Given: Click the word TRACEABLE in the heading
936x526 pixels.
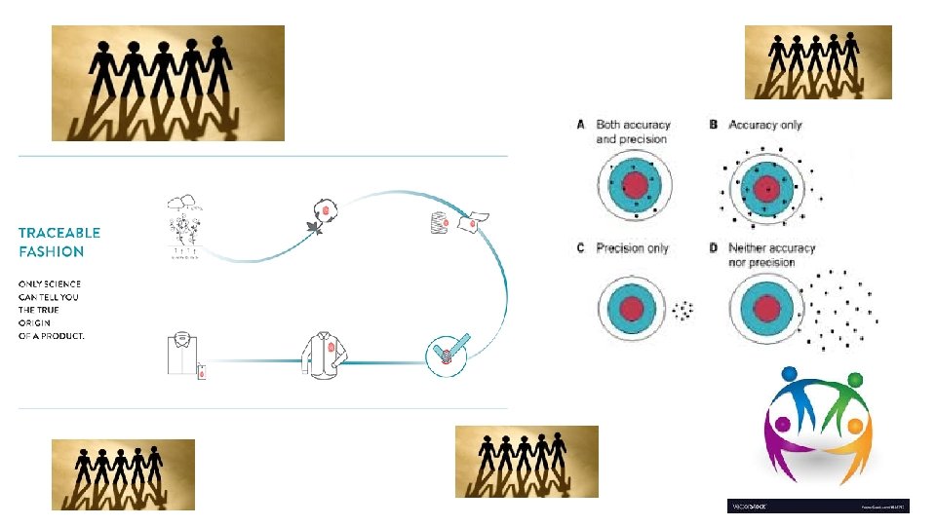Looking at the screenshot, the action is point(59,233).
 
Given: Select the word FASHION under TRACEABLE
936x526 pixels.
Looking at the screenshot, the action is point(52,251).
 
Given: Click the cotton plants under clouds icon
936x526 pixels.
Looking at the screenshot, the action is point(188,229).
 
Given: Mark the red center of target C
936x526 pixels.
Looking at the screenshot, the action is point(635,311).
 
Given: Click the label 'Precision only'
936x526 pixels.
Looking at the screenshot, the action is point(632,248).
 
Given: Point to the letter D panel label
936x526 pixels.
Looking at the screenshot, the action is point(714,248).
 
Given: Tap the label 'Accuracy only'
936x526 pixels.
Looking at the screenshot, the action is point(765,125).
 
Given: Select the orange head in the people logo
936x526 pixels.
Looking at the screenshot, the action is point(855,426).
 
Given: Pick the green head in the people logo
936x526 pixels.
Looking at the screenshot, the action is point(855,379).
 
